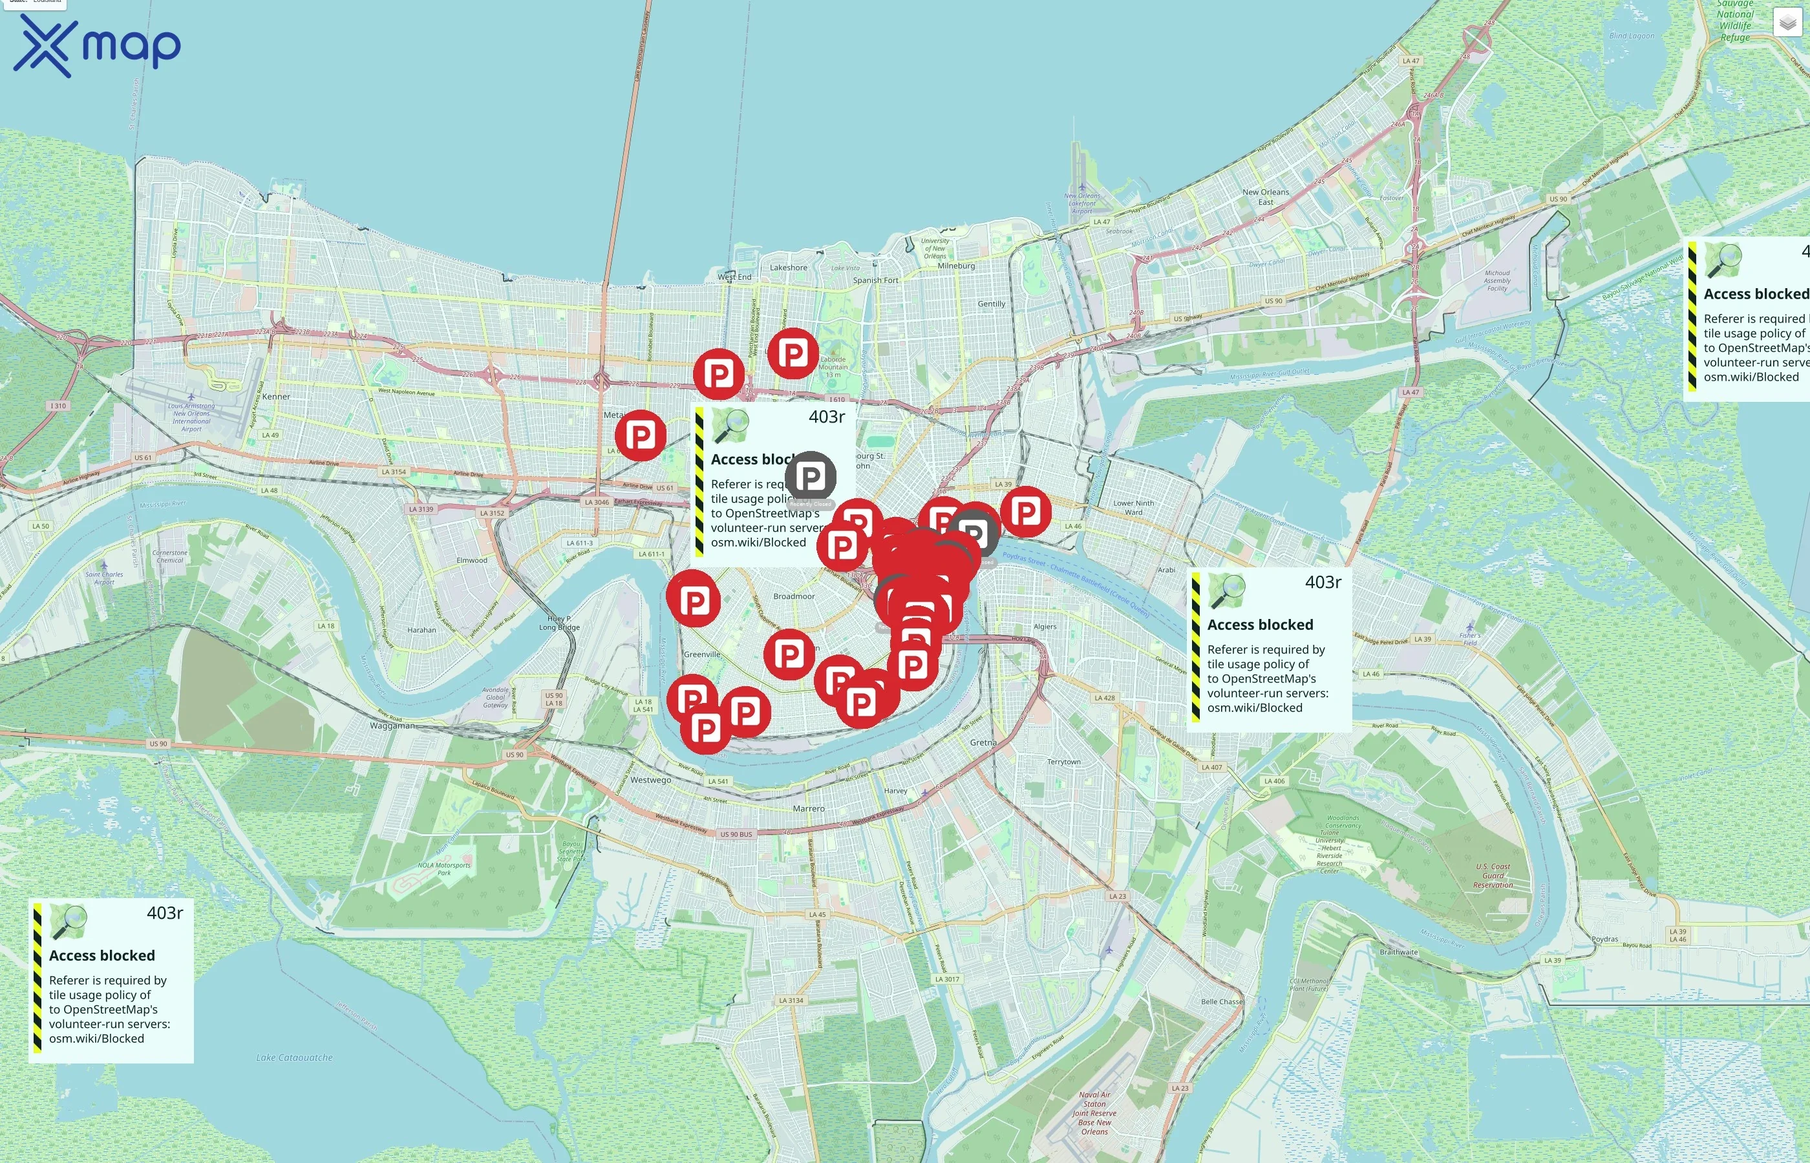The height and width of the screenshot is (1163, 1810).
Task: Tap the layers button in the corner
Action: pos(1787,23)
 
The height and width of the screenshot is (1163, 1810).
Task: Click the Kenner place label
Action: pos(276,397)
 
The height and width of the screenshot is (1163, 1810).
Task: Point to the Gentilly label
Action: pos(991,304)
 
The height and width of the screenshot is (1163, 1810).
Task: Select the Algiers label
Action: pos(1045,627)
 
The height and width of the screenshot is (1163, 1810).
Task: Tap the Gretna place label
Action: pos(983,742)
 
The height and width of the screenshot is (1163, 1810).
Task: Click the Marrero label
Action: pos(808,809)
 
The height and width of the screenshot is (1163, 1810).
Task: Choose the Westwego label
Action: pos(650,780)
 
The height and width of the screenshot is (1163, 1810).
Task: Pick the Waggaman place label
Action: pos(392,726)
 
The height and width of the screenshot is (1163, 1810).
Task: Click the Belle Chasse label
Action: pos(1222,1001)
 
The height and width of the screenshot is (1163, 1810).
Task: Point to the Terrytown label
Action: pos(1063,762)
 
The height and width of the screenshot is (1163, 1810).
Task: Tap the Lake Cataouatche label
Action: pos(294,1057)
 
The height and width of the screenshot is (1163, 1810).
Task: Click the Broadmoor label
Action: pos(794,596)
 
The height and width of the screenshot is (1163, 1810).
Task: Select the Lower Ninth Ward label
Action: pos(1133,507)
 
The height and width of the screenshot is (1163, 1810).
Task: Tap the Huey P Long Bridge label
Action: pos(559,623)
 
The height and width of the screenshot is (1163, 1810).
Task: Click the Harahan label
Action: pos(421,630)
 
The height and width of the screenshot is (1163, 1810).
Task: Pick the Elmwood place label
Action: pos(471,560)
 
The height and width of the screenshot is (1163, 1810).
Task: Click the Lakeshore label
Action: pos(788,267)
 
